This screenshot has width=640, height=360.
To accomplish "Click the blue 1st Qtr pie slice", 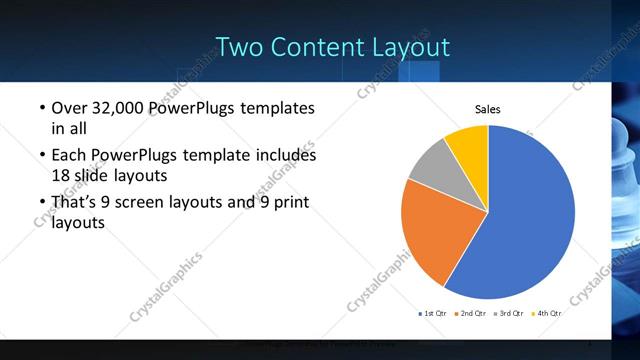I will tap(530, 215).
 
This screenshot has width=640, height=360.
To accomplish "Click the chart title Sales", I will tap(487, 110).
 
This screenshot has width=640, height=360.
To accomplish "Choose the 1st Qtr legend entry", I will tap(433, 313).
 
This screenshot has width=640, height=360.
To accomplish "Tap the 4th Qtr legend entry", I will tap(548, 313).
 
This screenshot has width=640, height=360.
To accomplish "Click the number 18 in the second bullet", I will tap(61, 175).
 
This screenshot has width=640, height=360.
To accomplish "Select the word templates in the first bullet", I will tap(276, 108).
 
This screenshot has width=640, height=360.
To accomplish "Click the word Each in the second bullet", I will tap(68, 155).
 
